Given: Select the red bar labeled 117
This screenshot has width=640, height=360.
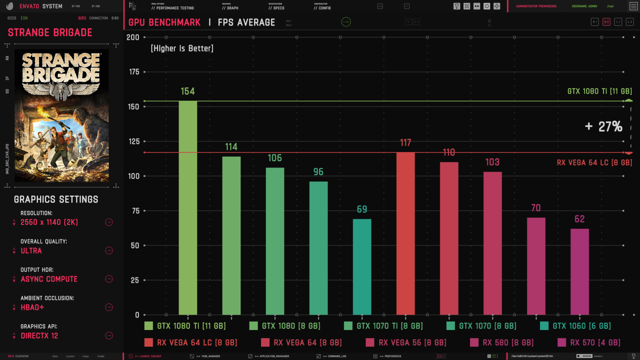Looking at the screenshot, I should [x=405, y=233].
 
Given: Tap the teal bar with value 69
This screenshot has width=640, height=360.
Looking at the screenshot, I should [x=362, y=267].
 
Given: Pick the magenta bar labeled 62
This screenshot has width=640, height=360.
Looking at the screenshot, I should [x=579, y=272].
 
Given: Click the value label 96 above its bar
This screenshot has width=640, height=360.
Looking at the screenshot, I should [x=318, y=172].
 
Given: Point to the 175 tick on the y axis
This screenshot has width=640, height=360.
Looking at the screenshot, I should [x=134, y=72].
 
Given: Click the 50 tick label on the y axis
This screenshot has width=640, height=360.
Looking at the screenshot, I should [x=135, y=246].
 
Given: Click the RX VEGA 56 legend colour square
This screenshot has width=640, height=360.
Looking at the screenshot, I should [x=370, y=342].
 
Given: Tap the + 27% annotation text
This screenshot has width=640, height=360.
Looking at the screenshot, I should [x=604, y=127].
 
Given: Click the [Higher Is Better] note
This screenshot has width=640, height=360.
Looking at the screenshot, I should [x=182, y=49].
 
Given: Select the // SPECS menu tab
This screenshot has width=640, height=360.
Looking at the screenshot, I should [x=277, y=8].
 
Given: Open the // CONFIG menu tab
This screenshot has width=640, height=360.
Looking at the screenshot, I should [x=322, y=8].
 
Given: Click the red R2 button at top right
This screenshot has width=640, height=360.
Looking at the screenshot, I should [x=606, y=22].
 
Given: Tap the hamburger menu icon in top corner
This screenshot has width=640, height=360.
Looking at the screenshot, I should [x=633, y=6].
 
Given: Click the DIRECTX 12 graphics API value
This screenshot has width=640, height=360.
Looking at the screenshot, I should [x=39, y=336].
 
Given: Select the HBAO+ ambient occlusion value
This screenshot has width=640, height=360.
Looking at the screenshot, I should [x=32, y=308].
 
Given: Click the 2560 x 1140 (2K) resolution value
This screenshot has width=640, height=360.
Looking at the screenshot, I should [x=49, y=222].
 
